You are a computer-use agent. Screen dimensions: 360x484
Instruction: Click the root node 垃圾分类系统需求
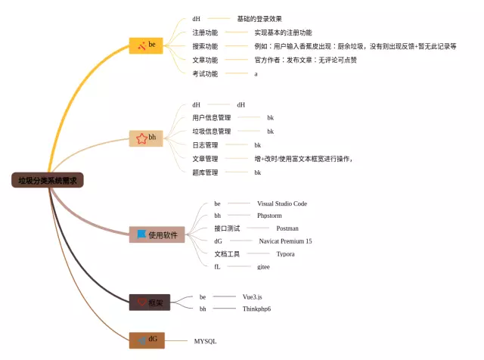(48, 180)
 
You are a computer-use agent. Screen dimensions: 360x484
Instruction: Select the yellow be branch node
(147, 45)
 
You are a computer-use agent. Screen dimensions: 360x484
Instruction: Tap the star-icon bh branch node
(147, 138)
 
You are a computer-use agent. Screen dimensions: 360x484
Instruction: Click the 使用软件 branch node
(157, 235)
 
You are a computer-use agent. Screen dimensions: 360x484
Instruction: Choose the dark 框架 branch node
(149, 303)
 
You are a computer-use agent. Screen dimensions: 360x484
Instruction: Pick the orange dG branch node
(147, 340)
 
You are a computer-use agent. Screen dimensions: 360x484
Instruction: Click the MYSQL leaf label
(205, 342)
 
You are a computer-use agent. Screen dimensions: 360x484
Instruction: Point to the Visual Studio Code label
(281, 204)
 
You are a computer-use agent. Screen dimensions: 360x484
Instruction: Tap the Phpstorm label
(269, 216)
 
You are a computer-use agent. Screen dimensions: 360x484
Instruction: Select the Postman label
(287, 228)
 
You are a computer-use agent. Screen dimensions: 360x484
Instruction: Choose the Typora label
(285, 254)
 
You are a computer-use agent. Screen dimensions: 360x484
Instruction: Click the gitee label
(263, 267)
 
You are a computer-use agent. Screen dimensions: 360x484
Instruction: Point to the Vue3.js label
(253, 297)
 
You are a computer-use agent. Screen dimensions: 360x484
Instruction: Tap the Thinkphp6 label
(256, 309)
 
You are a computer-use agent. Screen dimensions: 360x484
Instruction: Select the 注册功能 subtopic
(205, 33)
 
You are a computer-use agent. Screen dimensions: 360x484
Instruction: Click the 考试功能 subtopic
(205, 74)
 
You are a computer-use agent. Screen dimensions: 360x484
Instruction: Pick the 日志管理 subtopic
(205, 145)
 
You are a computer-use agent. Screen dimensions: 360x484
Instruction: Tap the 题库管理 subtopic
(205, 172)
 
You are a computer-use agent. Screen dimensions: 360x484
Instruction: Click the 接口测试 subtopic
(227, 228)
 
